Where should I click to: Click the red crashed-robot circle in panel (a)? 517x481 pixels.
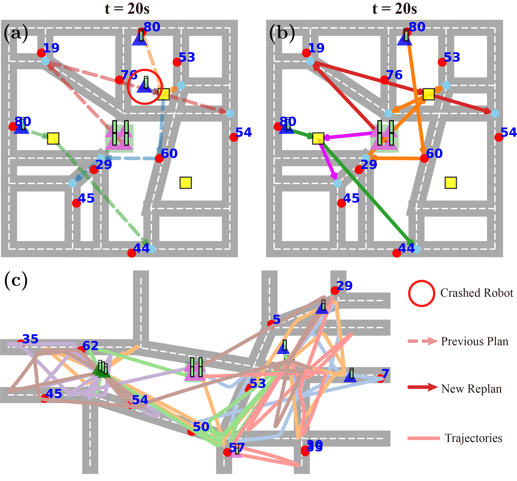pos(145,87)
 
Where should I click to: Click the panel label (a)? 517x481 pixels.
pos(16,33)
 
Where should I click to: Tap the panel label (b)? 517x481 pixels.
pos(282,33)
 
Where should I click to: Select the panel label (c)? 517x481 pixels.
pos(16,281)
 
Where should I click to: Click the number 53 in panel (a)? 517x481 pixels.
pos(187,57)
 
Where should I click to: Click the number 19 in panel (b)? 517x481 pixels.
pos(316,48)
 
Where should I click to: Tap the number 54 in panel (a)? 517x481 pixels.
pos(244,133)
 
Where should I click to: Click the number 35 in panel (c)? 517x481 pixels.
pos(30,339)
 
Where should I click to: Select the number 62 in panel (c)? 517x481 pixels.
pos(90,346)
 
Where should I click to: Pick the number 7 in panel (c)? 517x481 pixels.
pos(385,374)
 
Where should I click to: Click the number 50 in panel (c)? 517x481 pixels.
pos(201,427)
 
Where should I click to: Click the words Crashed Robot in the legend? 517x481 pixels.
pos(477,293)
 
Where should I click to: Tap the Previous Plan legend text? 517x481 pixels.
pos(474,341)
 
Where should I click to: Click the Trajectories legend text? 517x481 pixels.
pos(473,438)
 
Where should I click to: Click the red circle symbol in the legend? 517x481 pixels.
pos(421,293)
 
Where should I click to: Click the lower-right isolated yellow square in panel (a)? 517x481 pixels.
pos(185,183)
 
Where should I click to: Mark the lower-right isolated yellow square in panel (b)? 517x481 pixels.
pos(451,183)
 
